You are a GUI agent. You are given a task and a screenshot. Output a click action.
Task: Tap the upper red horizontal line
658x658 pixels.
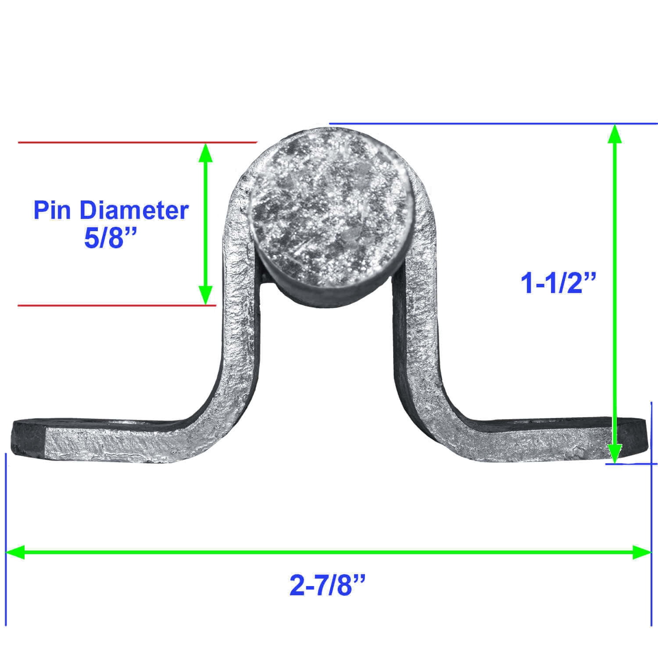(x=137, y=142)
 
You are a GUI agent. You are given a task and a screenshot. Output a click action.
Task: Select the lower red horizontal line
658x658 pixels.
(x=117, y=305)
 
